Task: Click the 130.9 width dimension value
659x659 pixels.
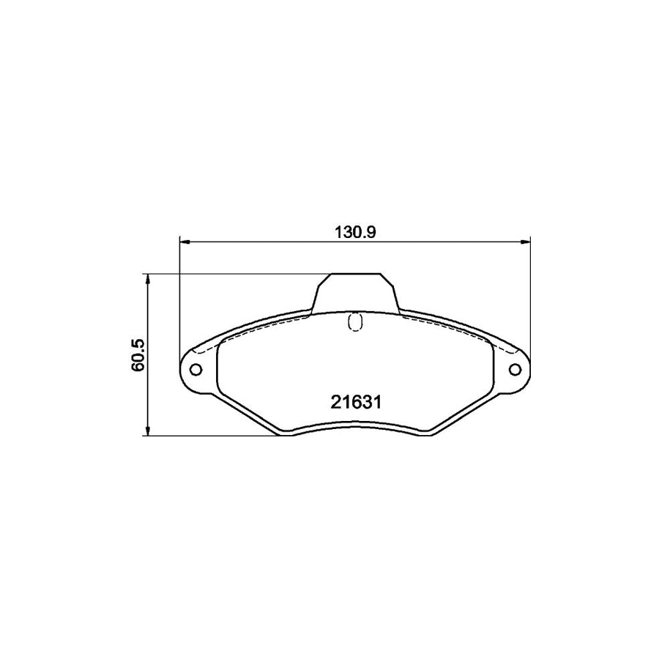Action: pyautogui.click(x=355, y=232)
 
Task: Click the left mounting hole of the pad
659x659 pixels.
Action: pyautogui.click(x=196, y=368)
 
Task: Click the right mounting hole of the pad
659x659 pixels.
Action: pyautogui.click(x=514, y=368)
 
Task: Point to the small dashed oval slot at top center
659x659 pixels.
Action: pyautogui.click(x=354, y=321)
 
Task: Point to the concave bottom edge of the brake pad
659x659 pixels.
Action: pyautogui.click(x=355, y=425)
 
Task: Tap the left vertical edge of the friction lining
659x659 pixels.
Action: pyautogui.click(x=218, y=371)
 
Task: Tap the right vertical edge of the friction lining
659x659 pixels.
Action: pyautogui.click(x=492, y=371)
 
